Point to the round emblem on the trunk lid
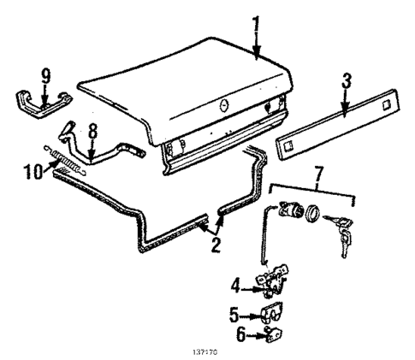221,106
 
